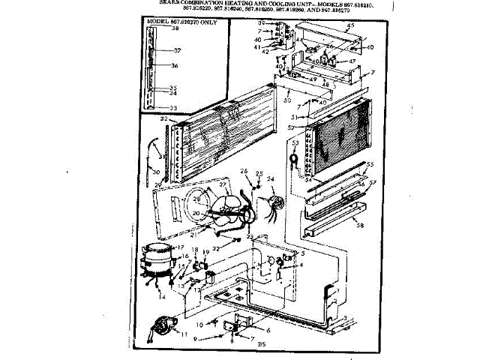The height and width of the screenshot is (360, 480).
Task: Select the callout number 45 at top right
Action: click(x=349, y=26)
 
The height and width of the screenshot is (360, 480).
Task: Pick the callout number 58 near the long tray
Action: click(x=359, y=225)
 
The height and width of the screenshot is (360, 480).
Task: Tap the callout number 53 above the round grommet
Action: click(x=295, y=142)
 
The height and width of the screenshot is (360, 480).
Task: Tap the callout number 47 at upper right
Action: click(x=352, y=61)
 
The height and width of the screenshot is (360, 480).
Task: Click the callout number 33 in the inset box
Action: click(x=174, y=108)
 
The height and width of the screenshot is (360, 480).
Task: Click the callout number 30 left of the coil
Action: click(x=154, y=172)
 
